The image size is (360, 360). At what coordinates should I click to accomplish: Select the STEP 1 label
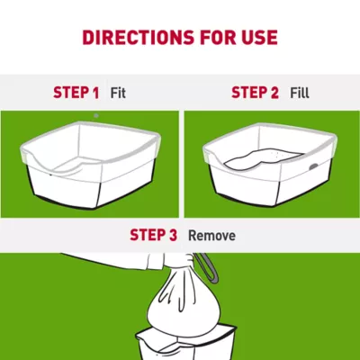pos(76,92)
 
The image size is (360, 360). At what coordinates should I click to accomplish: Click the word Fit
pos(117,92)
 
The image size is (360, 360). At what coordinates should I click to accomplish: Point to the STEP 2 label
pos(256,92)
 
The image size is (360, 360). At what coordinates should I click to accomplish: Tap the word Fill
pos(300,92)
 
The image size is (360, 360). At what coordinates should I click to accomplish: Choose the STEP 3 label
pos(153,235)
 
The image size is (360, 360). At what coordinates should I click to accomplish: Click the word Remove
pos(211,235)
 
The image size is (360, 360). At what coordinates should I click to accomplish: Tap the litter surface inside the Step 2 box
pos(261,159)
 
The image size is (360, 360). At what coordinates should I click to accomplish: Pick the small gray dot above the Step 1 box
pos(96,116)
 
